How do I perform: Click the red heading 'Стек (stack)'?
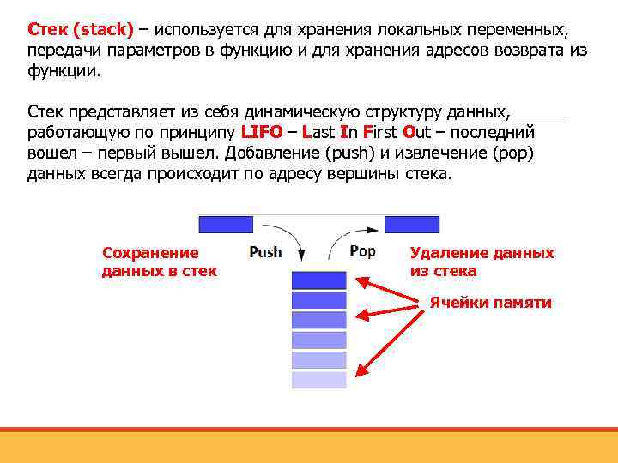[x=81, y=30]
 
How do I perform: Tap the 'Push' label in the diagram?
[x=265, y=251]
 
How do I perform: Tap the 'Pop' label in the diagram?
[x=362, y=250]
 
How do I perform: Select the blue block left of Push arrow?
[x=226, y=225]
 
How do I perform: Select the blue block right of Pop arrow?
[x=411, y=225]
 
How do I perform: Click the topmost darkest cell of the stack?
[x=318, y=280]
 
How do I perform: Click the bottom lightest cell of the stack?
[x=318, y=380]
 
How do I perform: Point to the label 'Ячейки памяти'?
[x=490, y=303]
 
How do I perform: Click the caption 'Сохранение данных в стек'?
[x=159, y=262]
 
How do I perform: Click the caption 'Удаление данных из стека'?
[x=482, y=262]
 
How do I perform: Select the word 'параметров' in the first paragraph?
[x=134, y=51]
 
